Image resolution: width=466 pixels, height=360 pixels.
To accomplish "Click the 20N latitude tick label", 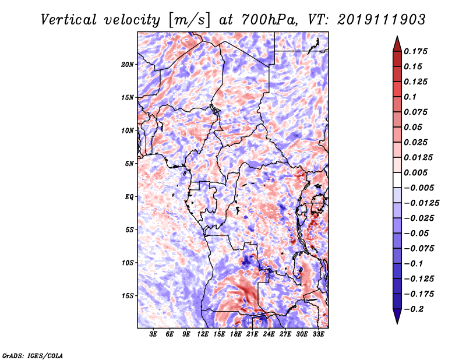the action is coord(128,65).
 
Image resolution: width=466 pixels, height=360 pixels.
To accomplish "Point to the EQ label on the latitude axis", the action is coord(129,197).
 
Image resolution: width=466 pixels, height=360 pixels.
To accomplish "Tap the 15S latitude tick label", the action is coord(128,296).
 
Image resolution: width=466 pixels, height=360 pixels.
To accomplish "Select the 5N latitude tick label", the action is coord(129,164).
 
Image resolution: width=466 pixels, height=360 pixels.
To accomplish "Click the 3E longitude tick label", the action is coord(153,334).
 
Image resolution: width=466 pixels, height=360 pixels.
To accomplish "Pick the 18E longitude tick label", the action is coord(235,334).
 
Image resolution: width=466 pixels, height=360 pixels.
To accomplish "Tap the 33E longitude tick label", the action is coord(318,334).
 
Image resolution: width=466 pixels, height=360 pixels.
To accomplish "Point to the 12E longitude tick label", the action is coord(202,334).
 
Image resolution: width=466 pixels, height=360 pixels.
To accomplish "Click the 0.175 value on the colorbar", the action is coord(415,51).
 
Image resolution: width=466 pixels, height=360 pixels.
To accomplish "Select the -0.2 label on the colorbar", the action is coord(414,309).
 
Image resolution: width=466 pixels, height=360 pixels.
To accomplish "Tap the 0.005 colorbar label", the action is coord(415,172).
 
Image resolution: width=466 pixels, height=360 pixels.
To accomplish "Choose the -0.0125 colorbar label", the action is coord(421,203).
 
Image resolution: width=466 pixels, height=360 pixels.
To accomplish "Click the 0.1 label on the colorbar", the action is coord(410,97).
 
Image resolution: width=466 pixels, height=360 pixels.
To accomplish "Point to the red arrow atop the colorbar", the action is coord(397,44).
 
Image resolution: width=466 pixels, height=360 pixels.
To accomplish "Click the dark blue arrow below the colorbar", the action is coord(397,316).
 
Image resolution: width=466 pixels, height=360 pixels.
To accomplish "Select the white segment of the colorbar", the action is coord(397,180).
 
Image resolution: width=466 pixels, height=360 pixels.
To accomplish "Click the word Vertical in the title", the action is coord(68,20).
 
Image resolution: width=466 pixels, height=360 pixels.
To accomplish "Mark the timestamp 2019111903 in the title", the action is coord(382,20).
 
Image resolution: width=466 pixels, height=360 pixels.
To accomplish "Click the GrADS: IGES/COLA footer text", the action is coord(33,356).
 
